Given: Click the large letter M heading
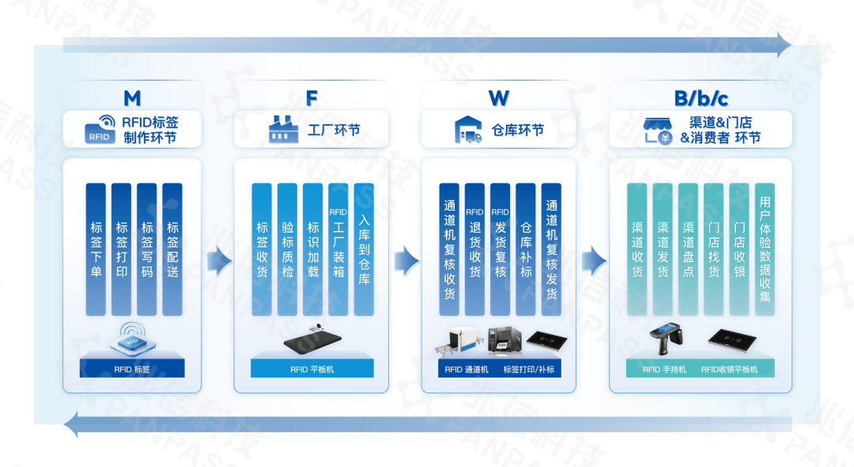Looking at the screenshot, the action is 132,98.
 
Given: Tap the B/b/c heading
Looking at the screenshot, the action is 701,98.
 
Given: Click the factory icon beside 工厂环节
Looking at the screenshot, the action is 283,129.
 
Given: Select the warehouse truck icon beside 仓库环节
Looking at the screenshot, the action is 468,130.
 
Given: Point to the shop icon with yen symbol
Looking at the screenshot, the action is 658,131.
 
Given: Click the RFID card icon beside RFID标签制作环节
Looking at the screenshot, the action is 100,130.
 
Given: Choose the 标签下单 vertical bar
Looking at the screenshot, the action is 96,249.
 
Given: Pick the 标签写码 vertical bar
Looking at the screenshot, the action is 147,249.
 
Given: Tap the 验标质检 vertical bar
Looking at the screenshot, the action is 287,249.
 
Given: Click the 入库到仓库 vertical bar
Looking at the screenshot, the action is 364,249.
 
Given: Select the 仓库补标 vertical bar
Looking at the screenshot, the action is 526,249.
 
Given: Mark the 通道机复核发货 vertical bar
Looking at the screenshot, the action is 551,249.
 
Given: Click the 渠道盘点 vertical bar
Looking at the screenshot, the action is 689,249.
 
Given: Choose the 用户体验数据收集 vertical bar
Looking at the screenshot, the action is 765,249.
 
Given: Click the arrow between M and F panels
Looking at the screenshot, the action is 220,260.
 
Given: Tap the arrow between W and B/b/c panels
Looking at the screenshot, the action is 594,260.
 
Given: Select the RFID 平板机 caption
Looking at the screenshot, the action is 312,370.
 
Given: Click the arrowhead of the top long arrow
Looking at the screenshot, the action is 784,44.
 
